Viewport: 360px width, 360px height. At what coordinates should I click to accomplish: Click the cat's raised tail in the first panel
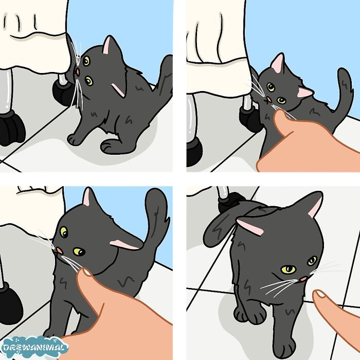tap(164, 82)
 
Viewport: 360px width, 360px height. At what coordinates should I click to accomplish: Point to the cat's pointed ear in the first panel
tap(109, 46)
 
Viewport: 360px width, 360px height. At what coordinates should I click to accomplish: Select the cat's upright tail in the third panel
tap(156, 216)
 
